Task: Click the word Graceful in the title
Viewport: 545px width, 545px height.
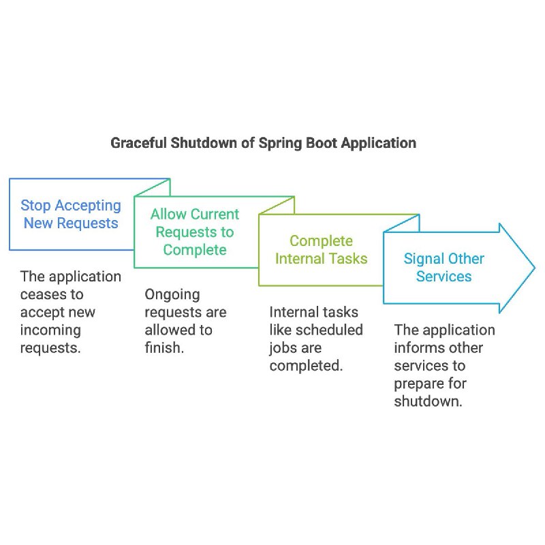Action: tap(139, 143)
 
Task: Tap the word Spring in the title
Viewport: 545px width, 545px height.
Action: tap(280, 143)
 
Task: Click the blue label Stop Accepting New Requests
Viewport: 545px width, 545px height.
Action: tap(71, 214)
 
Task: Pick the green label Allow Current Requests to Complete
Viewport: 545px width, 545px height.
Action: tap(195, 232)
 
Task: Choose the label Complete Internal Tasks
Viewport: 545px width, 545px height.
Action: tap(321, 249)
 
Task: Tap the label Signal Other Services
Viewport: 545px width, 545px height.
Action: tap(444, 267)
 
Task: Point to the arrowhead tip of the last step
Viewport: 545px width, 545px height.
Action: tap(535, 268)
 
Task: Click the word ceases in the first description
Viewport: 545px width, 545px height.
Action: tap(41, 295)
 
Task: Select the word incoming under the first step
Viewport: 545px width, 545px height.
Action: tap(50, 330)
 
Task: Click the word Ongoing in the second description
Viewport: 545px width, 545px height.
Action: tap(172, 295)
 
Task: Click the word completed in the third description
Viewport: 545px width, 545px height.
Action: tap(306, 366)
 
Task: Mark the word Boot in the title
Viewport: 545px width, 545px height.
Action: tap(321, 143)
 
